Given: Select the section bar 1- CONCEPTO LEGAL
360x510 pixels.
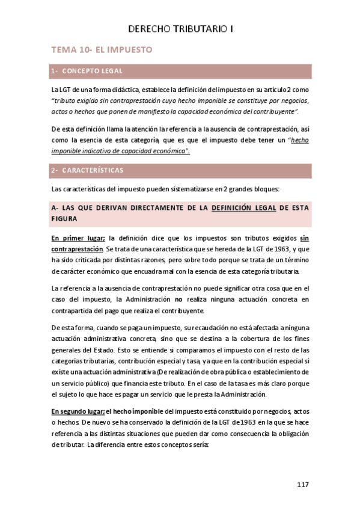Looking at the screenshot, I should (181, 71).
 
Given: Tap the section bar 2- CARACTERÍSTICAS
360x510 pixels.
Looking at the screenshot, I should (181, 170).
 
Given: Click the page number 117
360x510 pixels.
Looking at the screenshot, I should (304, 484).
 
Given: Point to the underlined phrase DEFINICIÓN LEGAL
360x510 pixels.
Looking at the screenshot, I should (244, 208).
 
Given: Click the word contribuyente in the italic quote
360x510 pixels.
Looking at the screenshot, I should (276, 112).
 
